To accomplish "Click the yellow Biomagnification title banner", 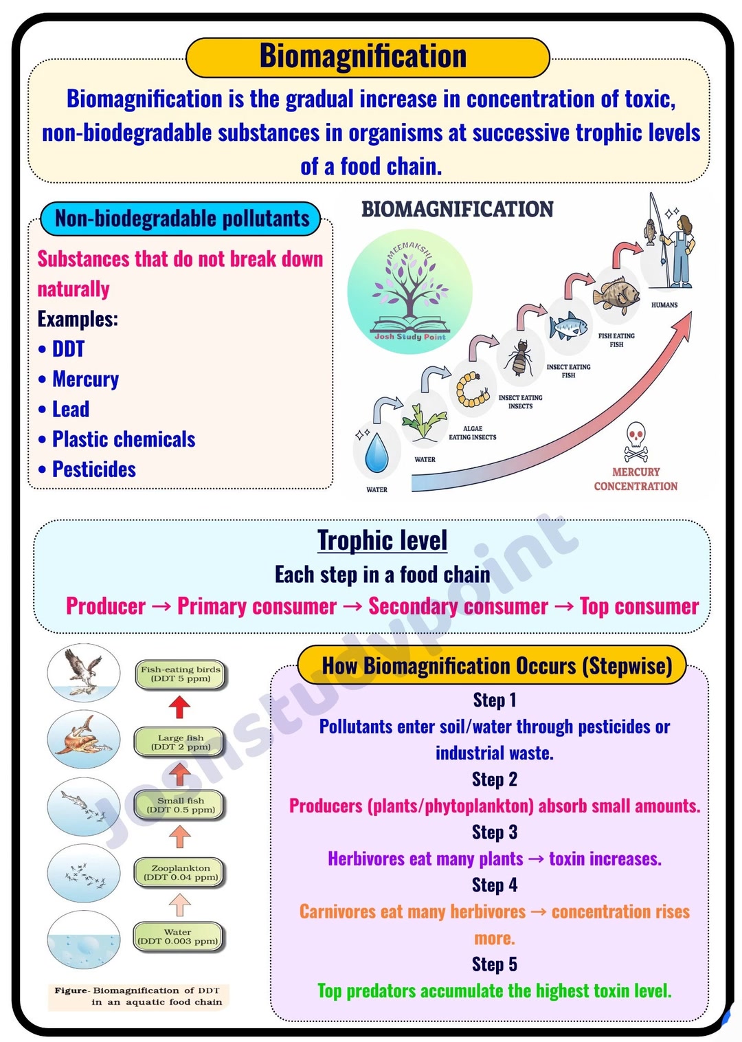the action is pos(368,57).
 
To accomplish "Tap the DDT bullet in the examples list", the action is pos(63,349).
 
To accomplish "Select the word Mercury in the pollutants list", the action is pos(86,379).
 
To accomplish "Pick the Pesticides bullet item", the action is pos(87,469).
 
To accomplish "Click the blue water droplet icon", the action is pos(376,453).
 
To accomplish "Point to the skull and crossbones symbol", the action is pos(636,442).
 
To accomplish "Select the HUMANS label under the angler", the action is pos(664,304).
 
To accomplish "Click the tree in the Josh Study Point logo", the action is pos(409,289).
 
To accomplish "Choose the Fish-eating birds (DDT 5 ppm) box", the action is pos(181,674).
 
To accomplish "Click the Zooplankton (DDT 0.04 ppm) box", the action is pos(181,873).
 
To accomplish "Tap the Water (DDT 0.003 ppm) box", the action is pos(178,937).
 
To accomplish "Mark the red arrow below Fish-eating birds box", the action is pos(179,707).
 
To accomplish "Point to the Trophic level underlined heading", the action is pos(382,540).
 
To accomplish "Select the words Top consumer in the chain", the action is pos(639,606).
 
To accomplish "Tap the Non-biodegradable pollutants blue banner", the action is pos(181,218).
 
